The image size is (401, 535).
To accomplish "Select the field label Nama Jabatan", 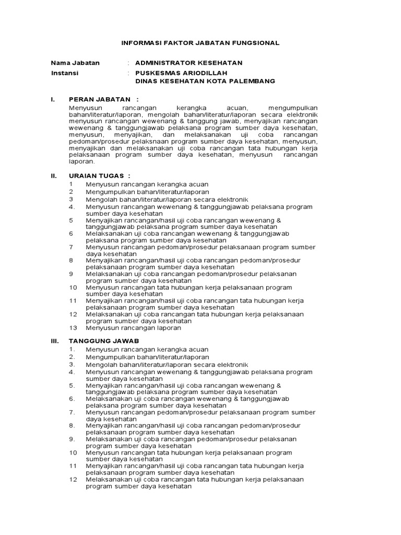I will [75, 63].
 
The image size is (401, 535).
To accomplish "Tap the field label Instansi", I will [65, 73].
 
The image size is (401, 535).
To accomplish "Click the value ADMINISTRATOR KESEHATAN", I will [188, 63].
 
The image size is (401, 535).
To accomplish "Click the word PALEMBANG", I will [252, 82].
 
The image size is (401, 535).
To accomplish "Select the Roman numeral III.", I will [55, 341].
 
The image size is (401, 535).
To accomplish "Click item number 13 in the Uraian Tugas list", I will [73, 328].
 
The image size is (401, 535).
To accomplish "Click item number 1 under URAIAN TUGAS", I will [71, 184].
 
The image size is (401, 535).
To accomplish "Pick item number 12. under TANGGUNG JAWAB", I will [73, 479].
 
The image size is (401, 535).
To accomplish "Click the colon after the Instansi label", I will [128, 73].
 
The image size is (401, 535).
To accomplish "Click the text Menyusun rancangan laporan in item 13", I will [134, 328].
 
